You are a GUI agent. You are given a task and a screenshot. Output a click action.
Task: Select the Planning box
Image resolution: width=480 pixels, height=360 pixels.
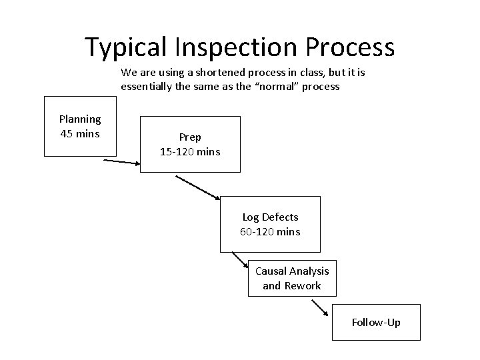pyautogui.click(x=80, y=127)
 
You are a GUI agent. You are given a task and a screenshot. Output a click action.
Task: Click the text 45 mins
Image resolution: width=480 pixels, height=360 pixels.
pyautogui.click(x=80, y=134)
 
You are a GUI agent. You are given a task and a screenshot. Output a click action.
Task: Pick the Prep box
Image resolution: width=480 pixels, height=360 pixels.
pyautogui.click(x=190, y=144)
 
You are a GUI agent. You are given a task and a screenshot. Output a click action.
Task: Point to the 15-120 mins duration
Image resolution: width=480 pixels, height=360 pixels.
pyautogui.click(x=190, y=152)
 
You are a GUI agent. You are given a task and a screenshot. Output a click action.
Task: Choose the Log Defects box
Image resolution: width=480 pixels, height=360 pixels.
pyautogui.click(x=270, y=224)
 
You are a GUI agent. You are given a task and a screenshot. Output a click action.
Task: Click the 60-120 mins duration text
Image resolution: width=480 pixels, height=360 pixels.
pyautogui.click(x=270, y=232)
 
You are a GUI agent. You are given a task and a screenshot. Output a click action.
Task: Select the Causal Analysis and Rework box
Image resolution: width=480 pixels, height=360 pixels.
pyautogui.click(x=292, y=278)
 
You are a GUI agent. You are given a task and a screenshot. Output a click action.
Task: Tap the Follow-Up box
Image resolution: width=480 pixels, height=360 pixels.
pyautogui.click(x=376, y=323)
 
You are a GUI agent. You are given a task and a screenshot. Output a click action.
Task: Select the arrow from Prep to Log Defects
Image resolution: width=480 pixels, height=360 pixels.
pyautogui.click(x=198, y=187)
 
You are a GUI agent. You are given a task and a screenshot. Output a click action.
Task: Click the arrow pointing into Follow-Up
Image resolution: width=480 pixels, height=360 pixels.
pyautogui.click(x=320, y=309)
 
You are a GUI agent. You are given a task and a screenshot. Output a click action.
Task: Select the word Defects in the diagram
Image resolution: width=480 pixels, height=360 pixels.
pyautogui.click(x=280, y=217)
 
